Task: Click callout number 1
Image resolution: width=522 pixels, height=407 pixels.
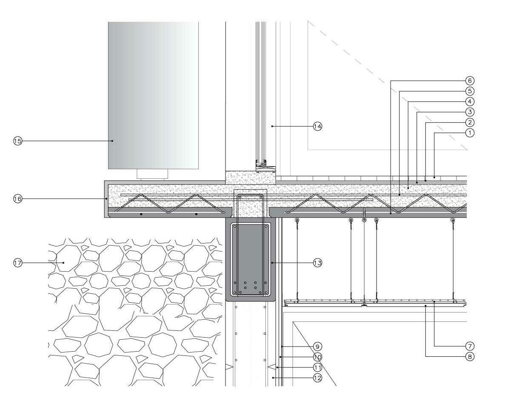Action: [x=470, y=133]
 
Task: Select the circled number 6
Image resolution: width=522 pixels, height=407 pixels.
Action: [x=470, y=80]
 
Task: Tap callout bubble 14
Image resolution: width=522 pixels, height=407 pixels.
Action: [x=317, y=126]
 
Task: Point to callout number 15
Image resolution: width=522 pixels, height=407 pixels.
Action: [x=17, y=141]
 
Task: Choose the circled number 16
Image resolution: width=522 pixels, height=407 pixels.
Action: [x=17, y=199]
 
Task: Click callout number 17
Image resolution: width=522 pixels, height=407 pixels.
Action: [x=17, y=263]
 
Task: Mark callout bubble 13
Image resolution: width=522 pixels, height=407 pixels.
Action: [x=317, y=263]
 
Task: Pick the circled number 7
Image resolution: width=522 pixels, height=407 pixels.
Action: [x=470, y=346]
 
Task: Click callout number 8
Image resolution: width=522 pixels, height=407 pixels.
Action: [x=470, y=357]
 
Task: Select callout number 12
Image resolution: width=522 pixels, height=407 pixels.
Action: [x=317, y=378]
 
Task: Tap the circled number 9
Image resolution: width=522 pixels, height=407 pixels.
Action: [x=317, y=346]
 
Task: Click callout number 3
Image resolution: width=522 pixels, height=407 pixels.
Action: [x=470, y=112]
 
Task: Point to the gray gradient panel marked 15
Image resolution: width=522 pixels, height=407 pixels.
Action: [x=153, y=94]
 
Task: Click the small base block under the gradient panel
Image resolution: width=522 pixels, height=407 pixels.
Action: [x=152, y=174]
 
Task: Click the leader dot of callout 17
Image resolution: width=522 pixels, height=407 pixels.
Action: [x=63, y=263]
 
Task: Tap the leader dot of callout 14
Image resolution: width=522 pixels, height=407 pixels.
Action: [x=272, y=126]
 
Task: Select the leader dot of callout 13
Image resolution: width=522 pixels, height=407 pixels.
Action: [x=272, y=263]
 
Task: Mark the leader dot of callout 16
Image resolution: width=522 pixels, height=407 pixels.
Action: [x=106, y=199]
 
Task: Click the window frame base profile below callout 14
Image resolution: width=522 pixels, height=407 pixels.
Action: [x=261, y=164]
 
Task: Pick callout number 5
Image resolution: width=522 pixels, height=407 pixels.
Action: [x=470, y=91]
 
